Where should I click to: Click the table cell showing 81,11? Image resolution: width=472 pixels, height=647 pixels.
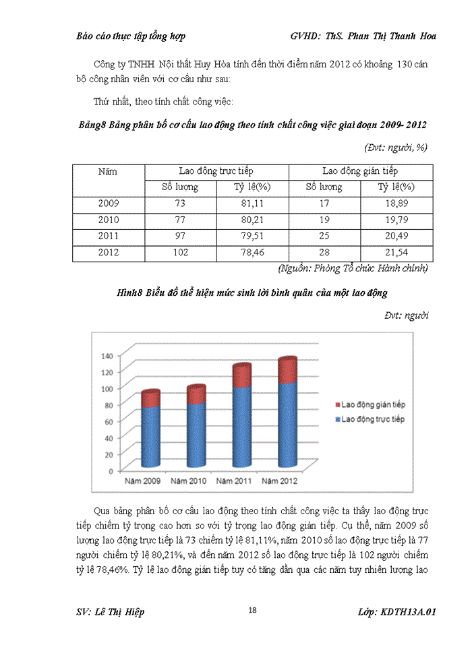pos(252,203)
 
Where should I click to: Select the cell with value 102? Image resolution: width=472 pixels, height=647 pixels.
pos(180,253)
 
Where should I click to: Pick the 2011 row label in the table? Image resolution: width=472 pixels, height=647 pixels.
pos(108,236)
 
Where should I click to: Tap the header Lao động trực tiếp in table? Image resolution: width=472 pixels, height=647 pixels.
pos(216,171)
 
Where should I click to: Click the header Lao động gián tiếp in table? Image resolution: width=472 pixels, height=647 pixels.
pos(360,171)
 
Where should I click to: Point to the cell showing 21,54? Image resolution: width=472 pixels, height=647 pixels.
pos(396,253)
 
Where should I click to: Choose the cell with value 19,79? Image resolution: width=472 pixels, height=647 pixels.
pos(396,220)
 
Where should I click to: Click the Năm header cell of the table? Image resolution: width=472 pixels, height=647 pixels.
pos(108,172)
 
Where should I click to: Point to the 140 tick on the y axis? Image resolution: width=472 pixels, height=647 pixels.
pos(107,355)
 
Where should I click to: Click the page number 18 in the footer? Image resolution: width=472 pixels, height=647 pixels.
pos(252,610)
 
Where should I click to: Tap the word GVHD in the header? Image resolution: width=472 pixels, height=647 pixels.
pos(305,36)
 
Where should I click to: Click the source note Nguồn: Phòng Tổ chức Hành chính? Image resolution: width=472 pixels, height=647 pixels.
pos(353,268)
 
